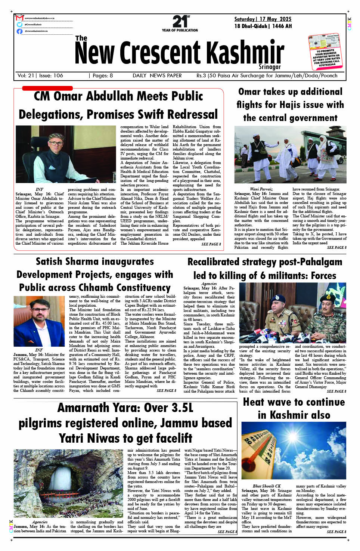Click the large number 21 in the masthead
(180, 22)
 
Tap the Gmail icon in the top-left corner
(19, 18)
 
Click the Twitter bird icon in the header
(19, 24)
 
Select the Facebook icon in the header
(19, 31)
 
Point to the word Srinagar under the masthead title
(270, 67)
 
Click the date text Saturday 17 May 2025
(263, 19)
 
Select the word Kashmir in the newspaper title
(245, 53)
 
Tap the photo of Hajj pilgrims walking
(290, 154)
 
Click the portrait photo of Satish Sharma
(39, 321)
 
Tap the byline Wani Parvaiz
(261, 189)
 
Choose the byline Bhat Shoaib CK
(267, 486)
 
